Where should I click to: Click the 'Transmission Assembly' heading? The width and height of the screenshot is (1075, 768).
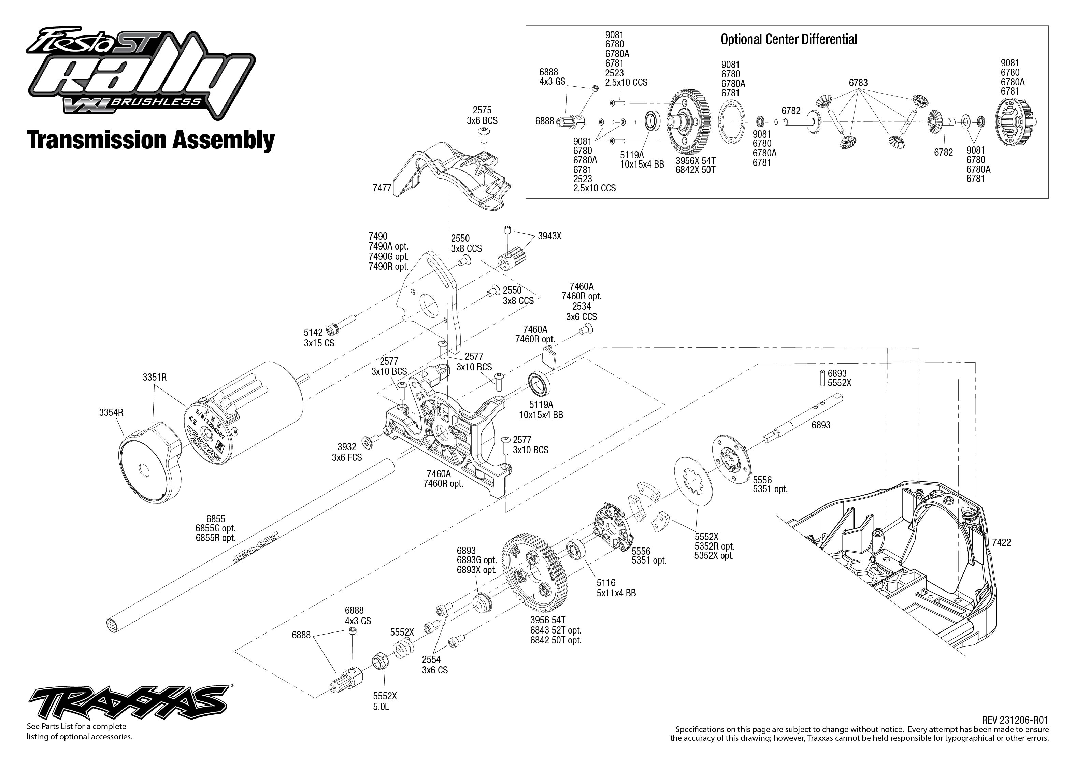tap(151, 140)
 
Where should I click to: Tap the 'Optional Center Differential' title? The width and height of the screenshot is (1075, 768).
tap(788, 39)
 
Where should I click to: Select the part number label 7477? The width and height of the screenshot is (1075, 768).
tap(382, 188)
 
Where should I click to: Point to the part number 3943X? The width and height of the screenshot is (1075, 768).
tap(549, 236)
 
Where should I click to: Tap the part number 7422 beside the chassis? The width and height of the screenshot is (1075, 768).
tap(1001, 542)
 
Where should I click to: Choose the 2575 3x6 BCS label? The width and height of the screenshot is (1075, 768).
tap(482, 116)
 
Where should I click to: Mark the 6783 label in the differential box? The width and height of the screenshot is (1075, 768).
tap(858, 83)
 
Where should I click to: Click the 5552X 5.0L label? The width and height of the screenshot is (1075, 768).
tap(385, 701)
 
